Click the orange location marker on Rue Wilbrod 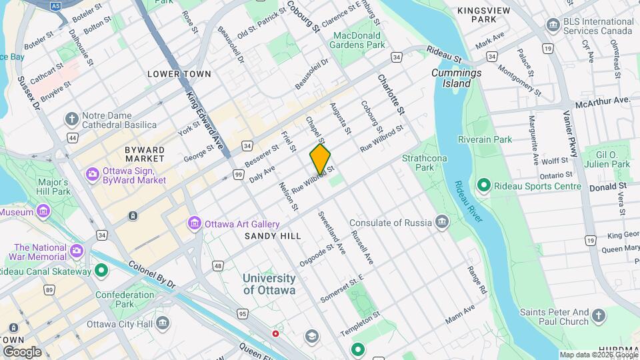tap(320, 159)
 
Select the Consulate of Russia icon tap(441, 222)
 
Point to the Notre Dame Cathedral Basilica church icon tap(71, 119)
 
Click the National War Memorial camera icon tap(77, 251)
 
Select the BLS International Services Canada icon tap(552, 25)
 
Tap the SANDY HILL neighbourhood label tap(273, 236)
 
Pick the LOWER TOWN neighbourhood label tap(179, 74)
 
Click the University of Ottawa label tap(269, 284)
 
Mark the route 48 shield tap(218, 266)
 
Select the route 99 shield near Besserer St tap(238, 174)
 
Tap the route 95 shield tap(242, 313)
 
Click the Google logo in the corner tap(22, 351)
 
